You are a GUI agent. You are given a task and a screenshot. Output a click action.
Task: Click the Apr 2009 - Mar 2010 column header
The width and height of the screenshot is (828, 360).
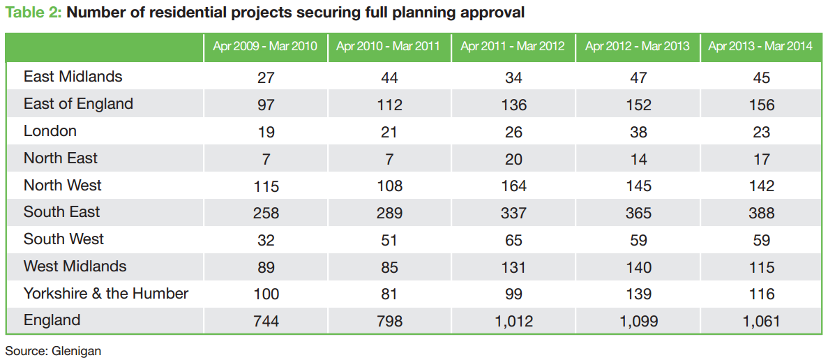pyautogui.click(x=266, y=47)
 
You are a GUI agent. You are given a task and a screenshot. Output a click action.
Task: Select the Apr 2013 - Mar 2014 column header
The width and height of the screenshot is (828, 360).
pyautogui.click(x=761, y=47)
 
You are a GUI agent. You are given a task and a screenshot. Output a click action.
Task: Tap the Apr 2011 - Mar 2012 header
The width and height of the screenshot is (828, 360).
pyautogui.click(x=513, y=47)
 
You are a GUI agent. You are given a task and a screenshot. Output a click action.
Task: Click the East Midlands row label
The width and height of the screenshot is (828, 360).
pyautogui.click(x=73, y=77)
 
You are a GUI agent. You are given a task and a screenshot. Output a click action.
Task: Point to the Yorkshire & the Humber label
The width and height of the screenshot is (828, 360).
pyautogui.click(x=106, y=293)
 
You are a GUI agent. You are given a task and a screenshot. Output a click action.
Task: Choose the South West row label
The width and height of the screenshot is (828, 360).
pyautogui.click(x=63, y=239)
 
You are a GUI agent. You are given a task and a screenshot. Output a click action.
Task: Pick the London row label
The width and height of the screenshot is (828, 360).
pyautogui.click(x=50, y=131)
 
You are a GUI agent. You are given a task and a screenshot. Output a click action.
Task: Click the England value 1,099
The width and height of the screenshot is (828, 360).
pyautogui.click(x=638, y=322)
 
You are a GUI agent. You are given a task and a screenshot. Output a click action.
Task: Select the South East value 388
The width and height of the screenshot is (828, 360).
pyautogui.click(x=762, y=213)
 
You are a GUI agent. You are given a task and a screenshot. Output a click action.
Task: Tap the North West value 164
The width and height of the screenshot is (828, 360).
pyautogui.click(x=513, y=186)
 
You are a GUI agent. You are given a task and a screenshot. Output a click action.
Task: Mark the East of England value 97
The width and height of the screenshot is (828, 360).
pyautogui.click(x=266, y=105)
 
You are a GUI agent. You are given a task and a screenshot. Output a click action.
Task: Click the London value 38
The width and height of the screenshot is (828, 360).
pyautogui.click(x=638, y=132)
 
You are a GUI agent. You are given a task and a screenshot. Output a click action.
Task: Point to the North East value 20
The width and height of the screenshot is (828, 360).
pyautogui.click(x=513, y=159)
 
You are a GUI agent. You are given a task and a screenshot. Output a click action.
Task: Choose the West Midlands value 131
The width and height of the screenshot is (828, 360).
pyautogui.click(x=513, y=267)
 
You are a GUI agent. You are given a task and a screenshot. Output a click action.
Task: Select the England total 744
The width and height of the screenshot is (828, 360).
pyautogui.click(x=266, y=322)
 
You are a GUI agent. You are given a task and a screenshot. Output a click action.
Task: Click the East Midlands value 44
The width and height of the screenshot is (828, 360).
pyautogui.click(x=390, y=77)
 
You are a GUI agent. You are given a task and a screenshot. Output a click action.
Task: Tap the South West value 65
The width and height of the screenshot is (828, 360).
pyautogui.click(x=513, y=241)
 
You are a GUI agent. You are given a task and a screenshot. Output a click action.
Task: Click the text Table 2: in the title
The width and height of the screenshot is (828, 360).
pyautogui.click(x=32, y=12)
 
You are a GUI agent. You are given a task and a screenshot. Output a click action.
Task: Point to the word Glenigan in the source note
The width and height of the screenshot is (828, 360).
pyautogui.click(x=76, y=351)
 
